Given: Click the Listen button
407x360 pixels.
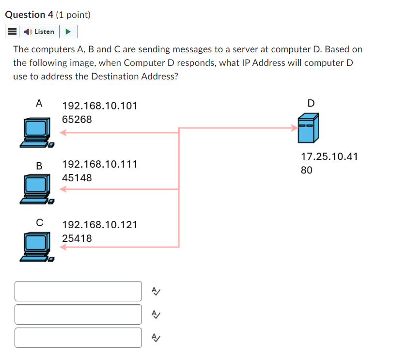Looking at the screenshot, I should coord(40,32).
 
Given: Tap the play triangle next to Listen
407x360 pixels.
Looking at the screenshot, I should coord(68,32).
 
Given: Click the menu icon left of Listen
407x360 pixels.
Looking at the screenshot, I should coord(12,32).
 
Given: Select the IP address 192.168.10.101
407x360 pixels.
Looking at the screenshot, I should coord(100,106).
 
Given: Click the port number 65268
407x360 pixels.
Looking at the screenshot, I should coord(77,119).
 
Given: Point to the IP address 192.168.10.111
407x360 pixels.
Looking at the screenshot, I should coord(100,164).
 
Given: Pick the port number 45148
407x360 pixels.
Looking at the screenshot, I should coord(77,178).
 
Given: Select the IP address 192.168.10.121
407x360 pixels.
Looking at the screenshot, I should coord(100,225).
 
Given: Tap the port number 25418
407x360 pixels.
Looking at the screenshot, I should coord(77,238).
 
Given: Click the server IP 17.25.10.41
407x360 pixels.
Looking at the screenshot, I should coord(329,157).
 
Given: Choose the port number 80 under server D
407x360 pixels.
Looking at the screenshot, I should coord(306,170).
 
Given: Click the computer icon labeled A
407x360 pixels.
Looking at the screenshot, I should coord(36,132).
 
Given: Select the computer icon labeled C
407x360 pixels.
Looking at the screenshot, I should coord(36,248).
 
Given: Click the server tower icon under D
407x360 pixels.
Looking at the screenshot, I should coord(308,128).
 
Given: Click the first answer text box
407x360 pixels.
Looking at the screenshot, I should coord(78,291).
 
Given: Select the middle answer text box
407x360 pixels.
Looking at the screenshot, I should coord(78,314).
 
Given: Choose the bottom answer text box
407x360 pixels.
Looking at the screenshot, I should coord(78,338).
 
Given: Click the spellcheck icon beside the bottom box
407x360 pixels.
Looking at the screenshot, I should coord(156,338).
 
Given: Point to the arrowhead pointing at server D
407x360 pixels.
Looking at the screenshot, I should coord(295,128).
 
